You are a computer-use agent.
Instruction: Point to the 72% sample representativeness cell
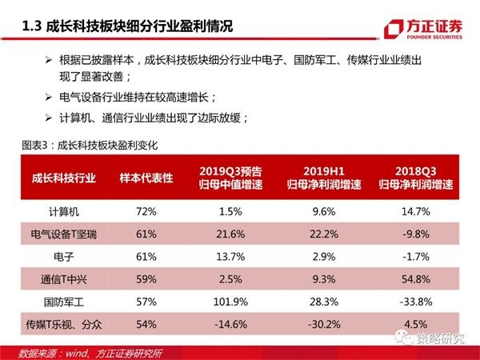click(146, 211)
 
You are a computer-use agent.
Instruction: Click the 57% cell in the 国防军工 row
click(146, 304)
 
